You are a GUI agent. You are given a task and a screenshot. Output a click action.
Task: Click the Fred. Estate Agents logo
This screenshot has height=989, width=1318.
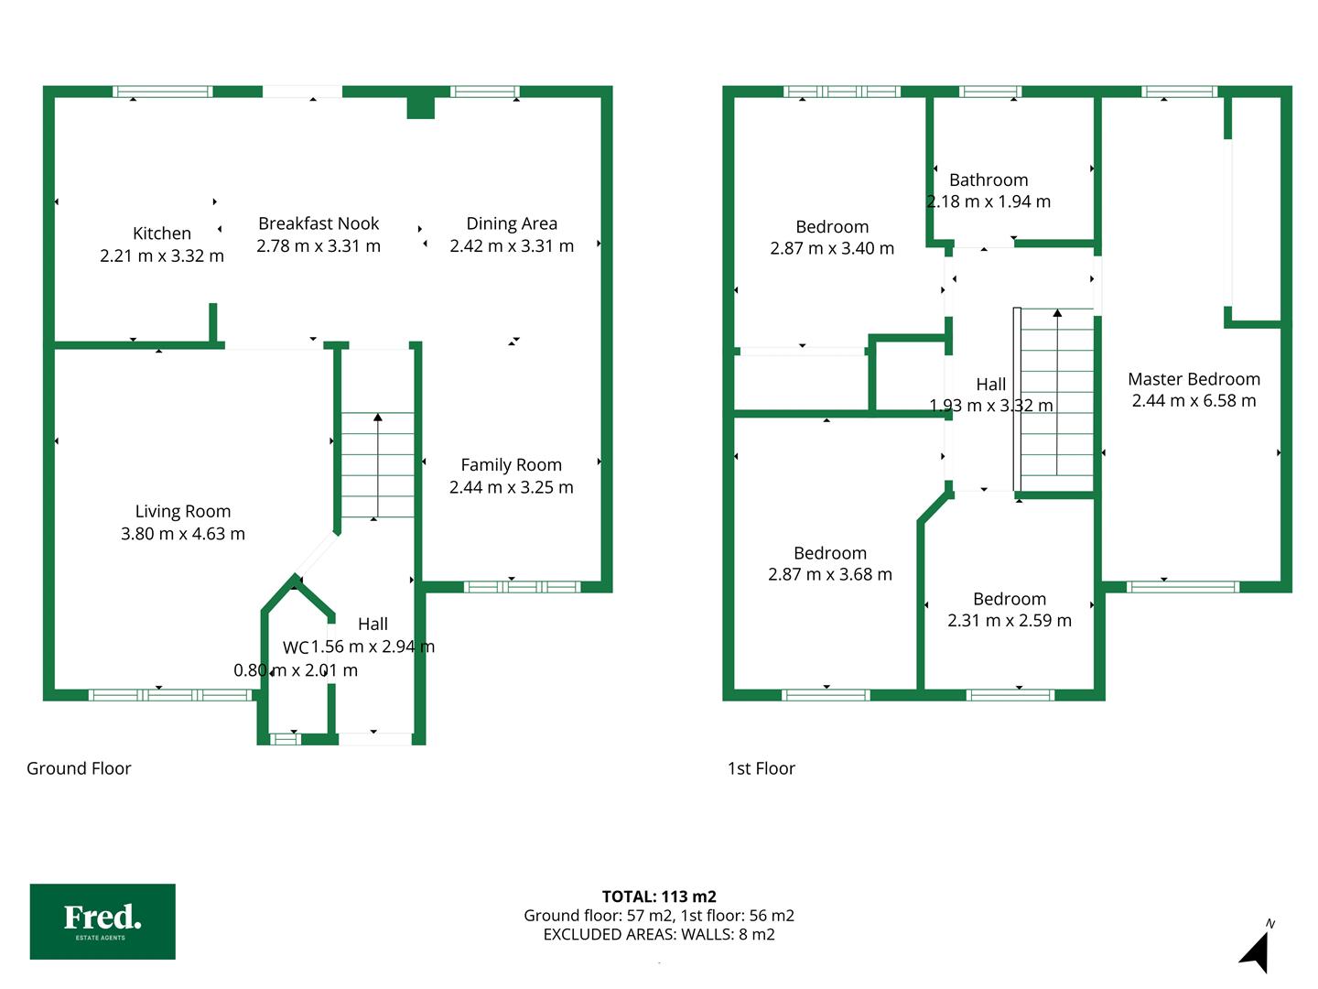(103, 921)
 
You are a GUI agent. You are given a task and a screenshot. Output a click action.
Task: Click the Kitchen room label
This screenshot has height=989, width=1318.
(161, 233)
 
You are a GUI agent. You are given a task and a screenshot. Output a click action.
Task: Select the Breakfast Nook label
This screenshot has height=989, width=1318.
(319, 223)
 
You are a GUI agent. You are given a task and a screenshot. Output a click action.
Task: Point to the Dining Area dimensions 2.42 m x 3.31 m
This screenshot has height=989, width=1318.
(512, 245)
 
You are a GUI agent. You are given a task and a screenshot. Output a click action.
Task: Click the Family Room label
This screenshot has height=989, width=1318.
(511, 465)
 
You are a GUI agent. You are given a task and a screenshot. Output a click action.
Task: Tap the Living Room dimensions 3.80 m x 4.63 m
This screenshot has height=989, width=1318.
(182, 533)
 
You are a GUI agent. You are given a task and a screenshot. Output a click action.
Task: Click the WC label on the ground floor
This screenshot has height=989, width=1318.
(296, 647)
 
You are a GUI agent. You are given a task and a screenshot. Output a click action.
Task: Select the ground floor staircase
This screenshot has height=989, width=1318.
(378, 465)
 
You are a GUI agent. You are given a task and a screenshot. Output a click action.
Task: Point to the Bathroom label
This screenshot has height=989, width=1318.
(988, 179)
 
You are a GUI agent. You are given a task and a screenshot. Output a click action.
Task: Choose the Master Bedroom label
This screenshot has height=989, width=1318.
(1194, 379)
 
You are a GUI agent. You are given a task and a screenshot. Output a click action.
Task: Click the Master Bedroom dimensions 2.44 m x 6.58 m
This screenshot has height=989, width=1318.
(1194, 400)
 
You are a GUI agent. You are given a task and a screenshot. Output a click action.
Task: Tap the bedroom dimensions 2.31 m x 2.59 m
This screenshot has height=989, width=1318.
(1010, 620)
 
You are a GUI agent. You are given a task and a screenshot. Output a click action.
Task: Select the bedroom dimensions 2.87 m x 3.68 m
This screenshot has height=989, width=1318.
(830, 574)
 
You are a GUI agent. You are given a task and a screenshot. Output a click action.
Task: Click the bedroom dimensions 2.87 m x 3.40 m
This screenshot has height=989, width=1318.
(832, 248)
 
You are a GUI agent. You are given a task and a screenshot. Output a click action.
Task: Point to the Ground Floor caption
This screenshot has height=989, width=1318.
(79, 768)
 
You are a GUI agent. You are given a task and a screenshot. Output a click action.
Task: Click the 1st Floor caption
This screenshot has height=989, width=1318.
(761, 768)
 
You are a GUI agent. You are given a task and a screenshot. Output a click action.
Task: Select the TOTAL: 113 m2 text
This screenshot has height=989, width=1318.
(659, 897)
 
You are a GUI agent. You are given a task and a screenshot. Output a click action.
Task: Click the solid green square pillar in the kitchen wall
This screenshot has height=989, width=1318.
(420, 107)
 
